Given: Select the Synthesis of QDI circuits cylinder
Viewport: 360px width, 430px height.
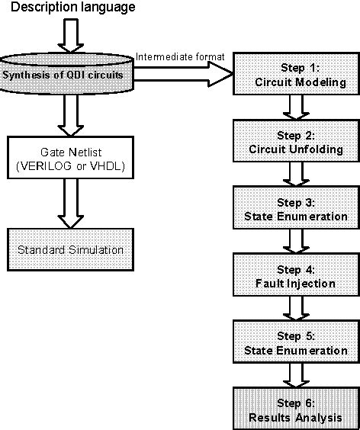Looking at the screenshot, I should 69,74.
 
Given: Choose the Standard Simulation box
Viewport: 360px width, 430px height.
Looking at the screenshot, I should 69,249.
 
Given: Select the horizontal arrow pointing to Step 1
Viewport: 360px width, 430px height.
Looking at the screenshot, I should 183,74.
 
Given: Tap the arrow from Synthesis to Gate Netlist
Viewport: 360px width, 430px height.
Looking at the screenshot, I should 69,115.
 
